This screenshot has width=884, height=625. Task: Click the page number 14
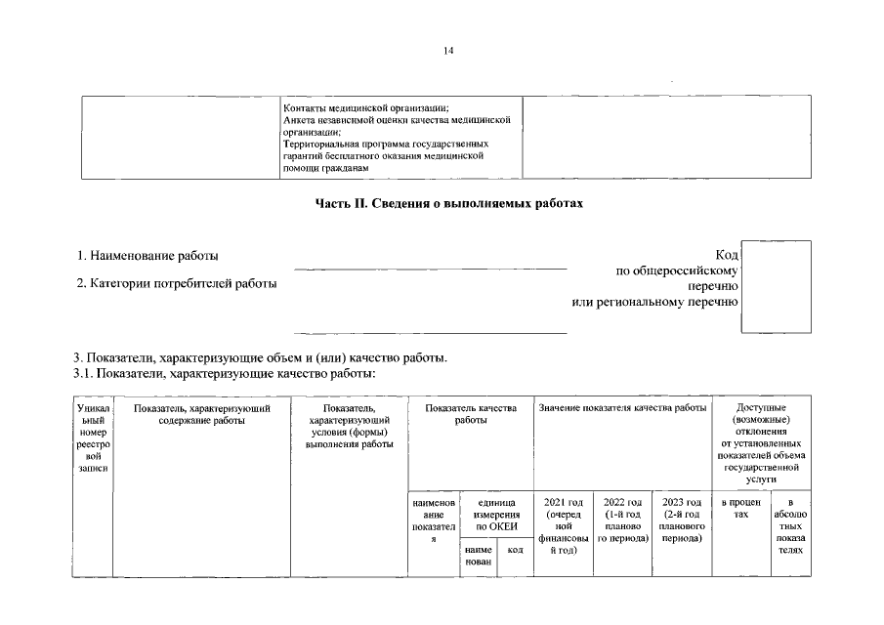448,51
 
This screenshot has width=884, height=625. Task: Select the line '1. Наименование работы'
148,256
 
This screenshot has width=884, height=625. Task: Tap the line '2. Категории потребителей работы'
177,284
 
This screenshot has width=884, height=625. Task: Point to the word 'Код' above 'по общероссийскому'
726,255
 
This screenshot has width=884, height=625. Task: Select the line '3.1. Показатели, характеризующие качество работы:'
225,373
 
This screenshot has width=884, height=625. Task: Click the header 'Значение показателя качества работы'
622,407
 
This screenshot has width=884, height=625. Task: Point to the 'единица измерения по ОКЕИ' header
495,514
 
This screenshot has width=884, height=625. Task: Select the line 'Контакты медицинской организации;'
365,107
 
